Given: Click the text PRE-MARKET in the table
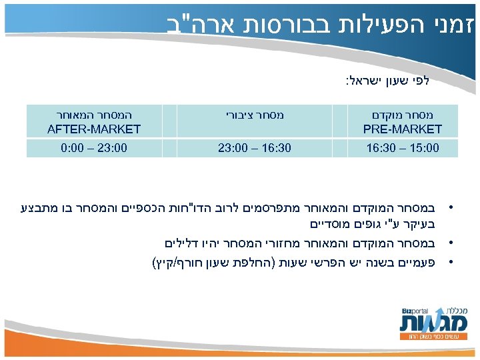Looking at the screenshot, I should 403,129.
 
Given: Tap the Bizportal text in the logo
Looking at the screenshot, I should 414,312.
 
